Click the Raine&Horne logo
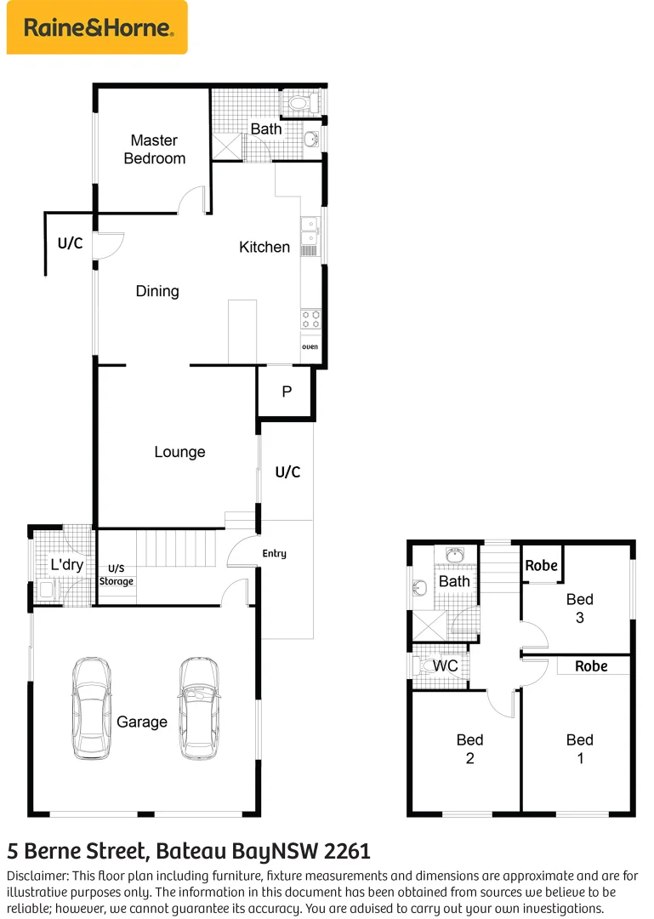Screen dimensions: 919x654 click(97, 28)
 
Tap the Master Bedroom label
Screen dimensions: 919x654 click(154, 149)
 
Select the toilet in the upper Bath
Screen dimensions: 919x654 click(299, 104)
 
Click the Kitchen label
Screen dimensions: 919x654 click(264, 247)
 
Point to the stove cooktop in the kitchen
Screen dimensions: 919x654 click(310, 319)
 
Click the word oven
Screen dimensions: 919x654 click(310, 347)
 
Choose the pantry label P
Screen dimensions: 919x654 click(287, 391)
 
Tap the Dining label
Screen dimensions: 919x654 click(157, 291)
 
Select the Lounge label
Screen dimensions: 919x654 click(179, 452)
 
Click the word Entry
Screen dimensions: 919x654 click(274, 554)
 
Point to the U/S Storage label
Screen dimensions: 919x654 click(117, 575)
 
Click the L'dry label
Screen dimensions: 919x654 click(65, 564)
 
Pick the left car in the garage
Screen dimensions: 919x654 click(91, 708)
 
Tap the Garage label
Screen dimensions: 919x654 click(142, 722)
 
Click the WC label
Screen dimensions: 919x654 click(446, 665)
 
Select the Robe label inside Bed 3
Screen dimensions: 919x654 click(542, 566)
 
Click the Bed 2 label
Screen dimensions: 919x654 click(469, 749)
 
